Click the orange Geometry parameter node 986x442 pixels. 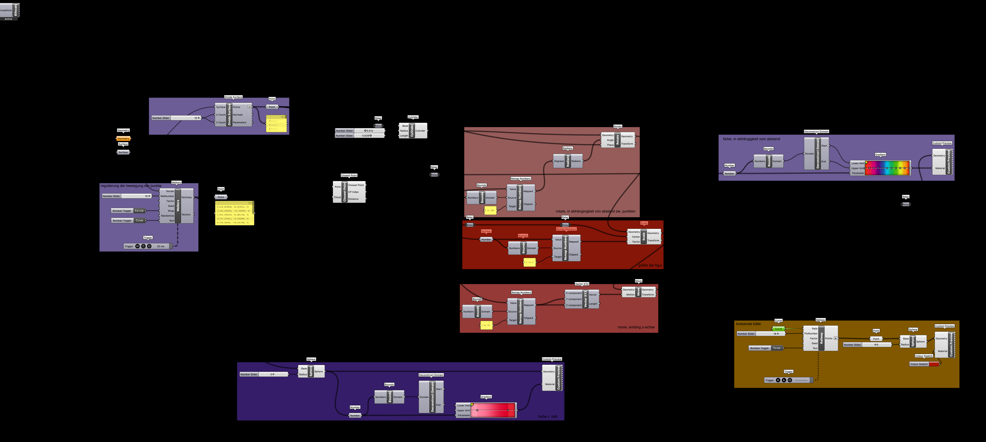123,139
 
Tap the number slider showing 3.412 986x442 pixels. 360,131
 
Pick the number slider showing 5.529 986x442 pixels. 360,136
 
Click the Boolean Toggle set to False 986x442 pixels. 128,211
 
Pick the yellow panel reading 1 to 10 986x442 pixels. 486,325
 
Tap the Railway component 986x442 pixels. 821,338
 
